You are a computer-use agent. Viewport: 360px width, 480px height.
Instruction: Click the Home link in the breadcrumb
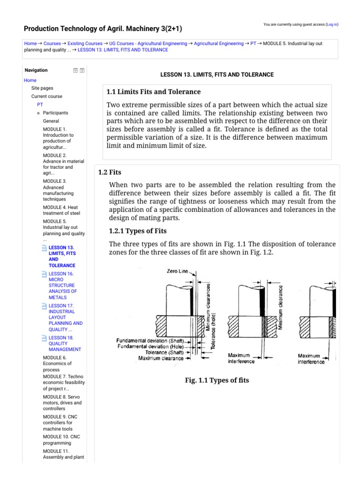coord(30,43)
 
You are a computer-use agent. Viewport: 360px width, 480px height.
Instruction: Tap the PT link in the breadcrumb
coord(253,43)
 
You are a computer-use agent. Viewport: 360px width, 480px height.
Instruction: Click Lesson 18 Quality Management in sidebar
coord(64,343)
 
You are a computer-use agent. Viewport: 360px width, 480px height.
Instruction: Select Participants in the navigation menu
coord(55,113)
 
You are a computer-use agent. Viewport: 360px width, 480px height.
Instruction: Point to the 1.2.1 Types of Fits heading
coord(138,231)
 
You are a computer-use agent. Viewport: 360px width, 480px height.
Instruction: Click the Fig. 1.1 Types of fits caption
coord(217,380)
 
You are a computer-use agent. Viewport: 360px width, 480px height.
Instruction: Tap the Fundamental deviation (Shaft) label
coord(150,340)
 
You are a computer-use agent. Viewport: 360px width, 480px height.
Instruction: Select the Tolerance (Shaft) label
coord(163,352)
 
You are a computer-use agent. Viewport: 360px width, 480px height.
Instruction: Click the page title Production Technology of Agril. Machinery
coord(103,29)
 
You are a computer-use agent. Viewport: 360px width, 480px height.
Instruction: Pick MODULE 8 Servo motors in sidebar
coord(62,403)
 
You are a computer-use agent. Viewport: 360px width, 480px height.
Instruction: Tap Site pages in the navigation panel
coord(42,88)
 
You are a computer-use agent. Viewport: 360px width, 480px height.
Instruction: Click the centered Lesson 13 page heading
coord(217,75)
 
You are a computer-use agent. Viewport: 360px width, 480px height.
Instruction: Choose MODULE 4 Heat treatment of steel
coord(61,210)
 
